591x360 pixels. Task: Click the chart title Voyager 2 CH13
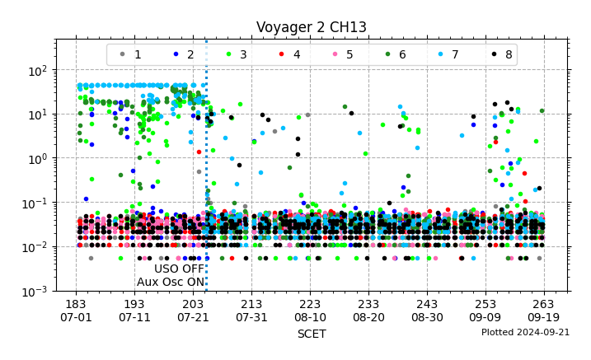311,27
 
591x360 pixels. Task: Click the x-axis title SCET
311,334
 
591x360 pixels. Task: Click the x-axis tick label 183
76,304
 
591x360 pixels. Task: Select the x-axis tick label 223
310,304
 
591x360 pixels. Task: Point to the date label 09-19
543,317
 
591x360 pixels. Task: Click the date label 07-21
193,317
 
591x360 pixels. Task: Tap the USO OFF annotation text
179,269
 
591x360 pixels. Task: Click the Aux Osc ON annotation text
171,282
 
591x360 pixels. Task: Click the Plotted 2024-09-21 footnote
525,332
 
